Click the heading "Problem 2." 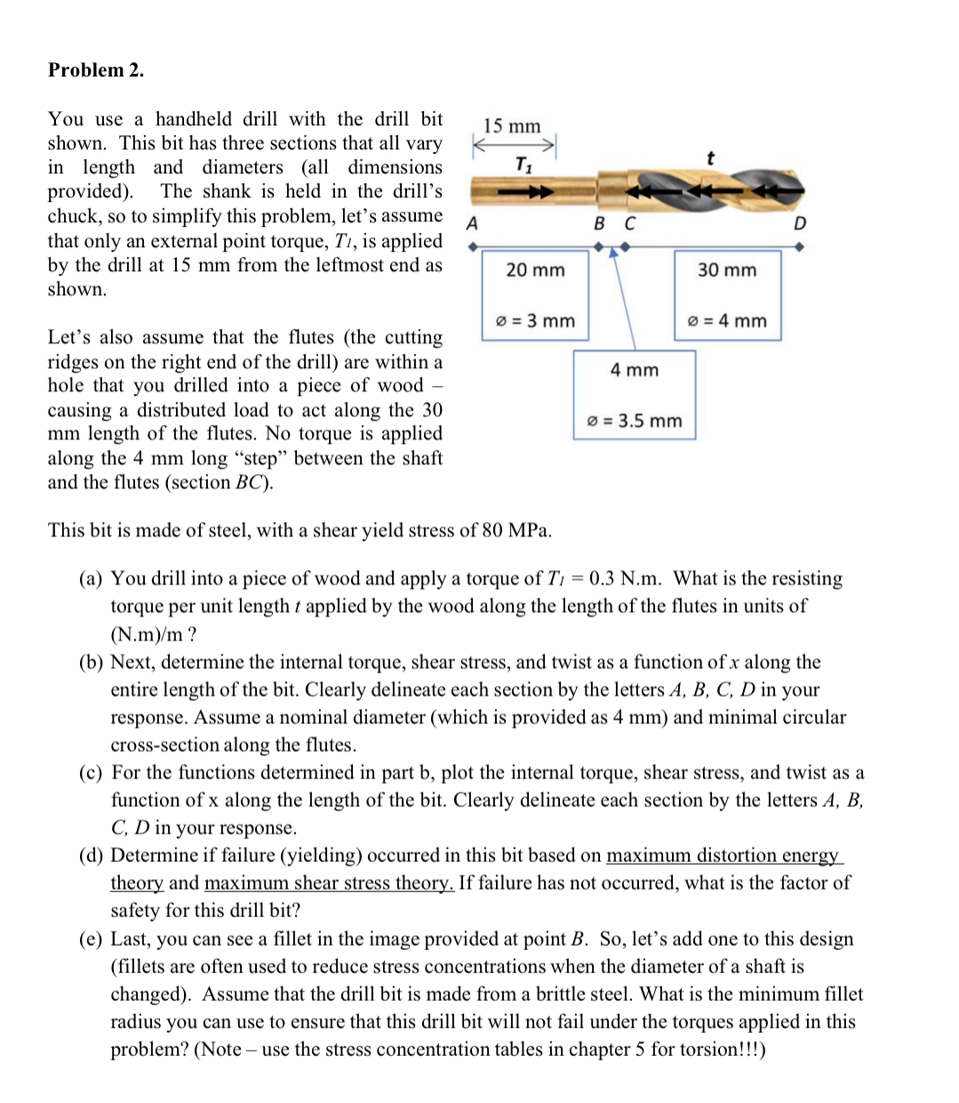pos(96,70)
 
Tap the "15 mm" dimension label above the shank pos(512,126)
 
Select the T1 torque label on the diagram pos(523,165)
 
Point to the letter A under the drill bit pos(472,223)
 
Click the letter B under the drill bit pos(600,223)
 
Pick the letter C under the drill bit pos(629,223)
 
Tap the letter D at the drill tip pos(799,223)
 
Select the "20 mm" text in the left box pos(535,270)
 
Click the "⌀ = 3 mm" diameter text pos(535,320)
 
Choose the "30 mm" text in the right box pos(727,270)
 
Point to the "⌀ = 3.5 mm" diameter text pos(635,421)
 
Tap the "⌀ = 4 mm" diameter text pos(727,320)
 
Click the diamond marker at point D pos(800,248)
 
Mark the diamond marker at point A pos(472,248)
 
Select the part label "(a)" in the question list pos(92,579)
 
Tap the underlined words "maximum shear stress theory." pos(329,883)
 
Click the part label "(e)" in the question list pos(92,939)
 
